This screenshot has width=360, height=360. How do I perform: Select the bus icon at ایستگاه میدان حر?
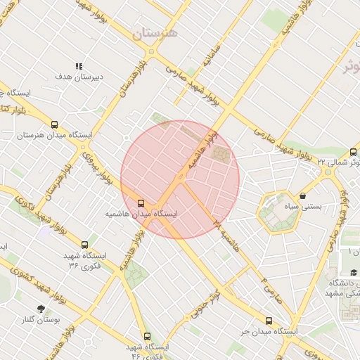(269, 321)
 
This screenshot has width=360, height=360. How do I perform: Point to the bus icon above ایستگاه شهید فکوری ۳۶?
(85, 245)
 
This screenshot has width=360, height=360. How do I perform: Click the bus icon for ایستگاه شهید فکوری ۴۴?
(147, 337)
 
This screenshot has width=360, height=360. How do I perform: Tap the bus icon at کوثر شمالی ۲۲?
(353, 152)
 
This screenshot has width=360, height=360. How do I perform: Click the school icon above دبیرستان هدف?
(79, 66)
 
